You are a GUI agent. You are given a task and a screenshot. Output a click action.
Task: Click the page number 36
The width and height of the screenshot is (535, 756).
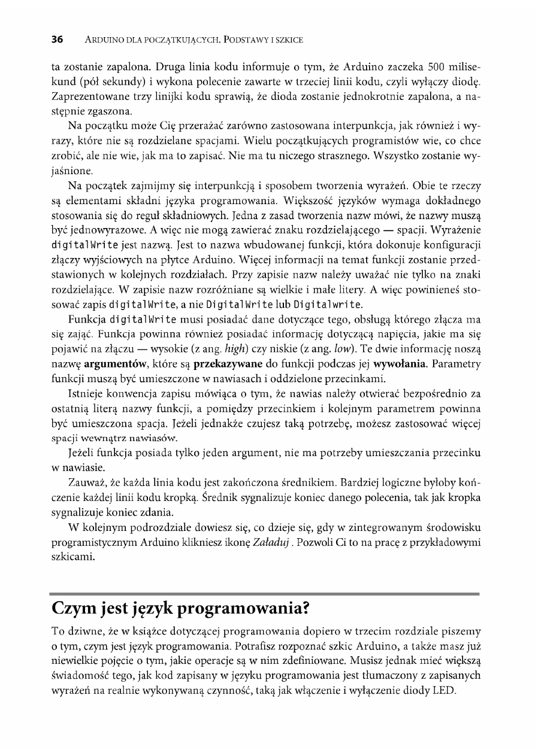point(58,40)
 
